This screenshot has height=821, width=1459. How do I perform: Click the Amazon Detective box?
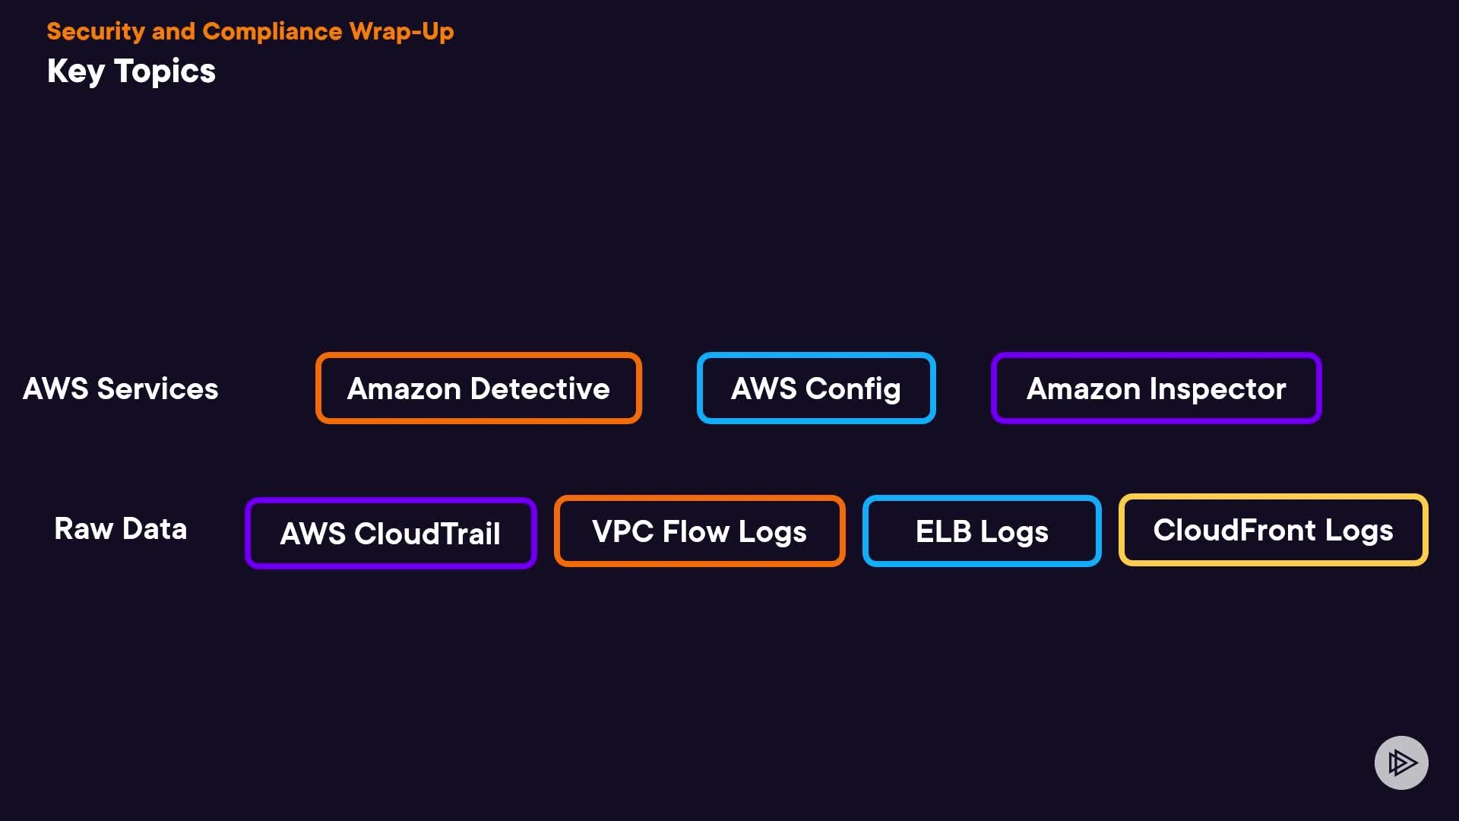click(x=478, y=388)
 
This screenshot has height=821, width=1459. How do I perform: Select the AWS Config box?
click(x=815, y=388)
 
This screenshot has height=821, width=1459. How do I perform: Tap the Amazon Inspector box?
click(x=1156, y=388)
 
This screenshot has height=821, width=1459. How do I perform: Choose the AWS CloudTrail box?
click(x=391, y=533)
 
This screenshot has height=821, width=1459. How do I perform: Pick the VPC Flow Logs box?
click(x=699, y=531)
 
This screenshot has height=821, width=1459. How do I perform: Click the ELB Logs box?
click(x=982, y=531)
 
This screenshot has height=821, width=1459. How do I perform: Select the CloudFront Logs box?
click(x=1273, y=530)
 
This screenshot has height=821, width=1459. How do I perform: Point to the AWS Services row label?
click(x=121, y=388)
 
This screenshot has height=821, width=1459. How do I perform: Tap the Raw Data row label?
click(x=121, y=528)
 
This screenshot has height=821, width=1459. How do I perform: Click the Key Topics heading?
click(x=131, y=71)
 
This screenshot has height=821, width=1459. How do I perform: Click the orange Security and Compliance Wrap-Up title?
click(x=250, y=31)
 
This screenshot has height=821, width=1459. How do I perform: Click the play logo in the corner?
click(x=1401, y=762)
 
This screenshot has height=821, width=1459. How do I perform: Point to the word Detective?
click(x=540, y=388)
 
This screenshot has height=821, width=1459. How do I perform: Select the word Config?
click(x=853, y=388)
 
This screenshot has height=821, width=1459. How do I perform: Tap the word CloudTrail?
click(x=427, y=533)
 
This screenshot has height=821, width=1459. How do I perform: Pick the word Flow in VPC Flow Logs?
click(x=695, y=531)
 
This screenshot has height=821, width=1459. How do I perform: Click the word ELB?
click(x=943, y=531)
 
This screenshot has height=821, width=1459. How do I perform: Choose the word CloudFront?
click(x=1234, y=530)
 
